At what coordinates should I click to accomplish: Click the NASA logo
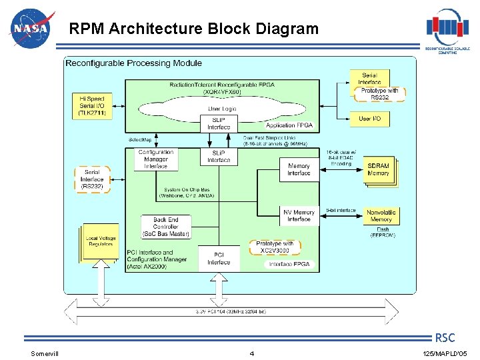pyautogui.click(x=29, y=29)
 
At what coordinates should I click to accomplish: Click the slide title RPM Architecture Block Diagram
pyautogui.click(x=195, y=29)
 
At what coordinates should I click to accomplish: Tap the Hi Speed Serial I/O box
pyautogui.click(x=91, y=106)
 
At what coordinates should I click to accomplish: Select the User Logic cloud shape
pyautogui.click(x=223, y=108)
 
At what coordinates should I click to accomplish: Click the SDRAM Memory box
pyautogui.click(x=378, y=169)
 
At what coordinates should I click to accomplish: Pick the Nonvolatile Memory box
pyautogui.click(x=381, y=215)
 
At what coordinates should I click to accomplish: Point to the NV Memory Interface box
pyautogui.click(x=299, y=215)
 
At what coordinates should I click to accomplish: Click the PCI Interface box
pyautogui.click(x=219, y=258)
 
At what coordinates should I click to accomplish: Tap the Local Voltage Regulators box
pyautogui.click(x=101, y=241)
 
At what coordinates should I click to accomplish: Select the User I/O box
pyautogui.click(x=369, y=119)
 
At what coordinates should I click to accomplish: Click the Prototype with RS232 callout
pyautogui.click(x=379, y=94)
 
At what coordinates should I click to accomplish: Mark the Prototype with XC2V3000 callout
pyautogui.click(x=275, y=247)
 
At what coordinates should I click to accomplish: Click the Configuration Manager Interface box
pyautogui.click(x=157, y=159)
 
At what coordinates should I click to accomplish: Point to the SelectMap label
pyautogui.click(x=141, y=140)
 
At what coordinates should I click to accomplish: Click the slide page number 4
pyautogui.click(x=251, y=353)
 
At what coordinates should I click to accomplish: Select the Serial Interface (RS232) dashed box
pyautogui.click(x=92, y=179)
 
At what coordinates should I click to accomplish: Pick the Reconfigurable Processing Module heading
pyautogui.click(x=133, y=63)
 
